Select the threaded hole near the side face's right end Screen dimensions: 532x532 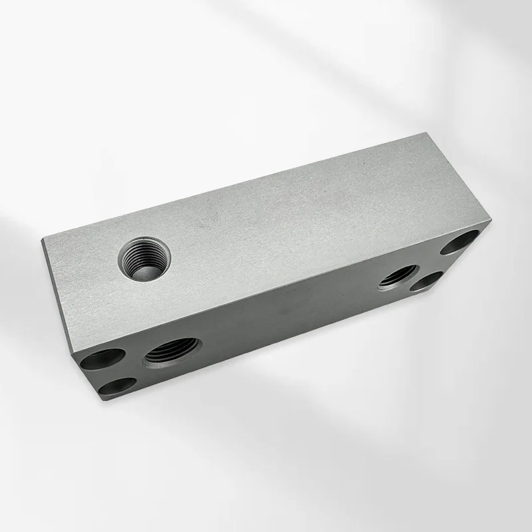tap(398, 276)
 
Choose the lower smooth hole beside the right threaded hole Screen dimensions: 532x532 tap(427, 282)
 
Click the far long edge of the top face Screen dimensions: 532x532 tap(233, 186)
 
